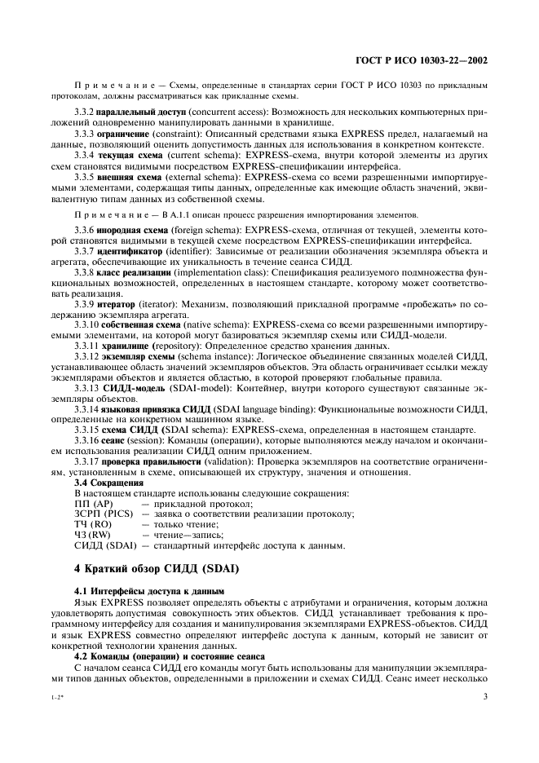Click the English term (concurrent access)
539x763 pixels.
coord(225,110)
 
